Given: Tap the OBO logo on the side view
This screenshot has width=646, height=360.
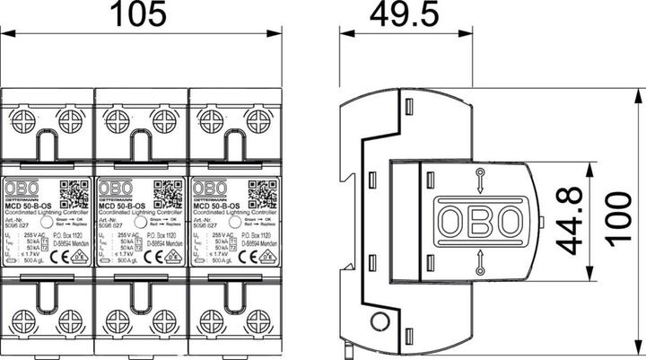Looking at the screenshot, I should (478, 219).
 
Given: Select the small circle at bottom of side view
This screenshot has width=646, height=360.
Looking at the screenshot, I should (380, 323).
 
